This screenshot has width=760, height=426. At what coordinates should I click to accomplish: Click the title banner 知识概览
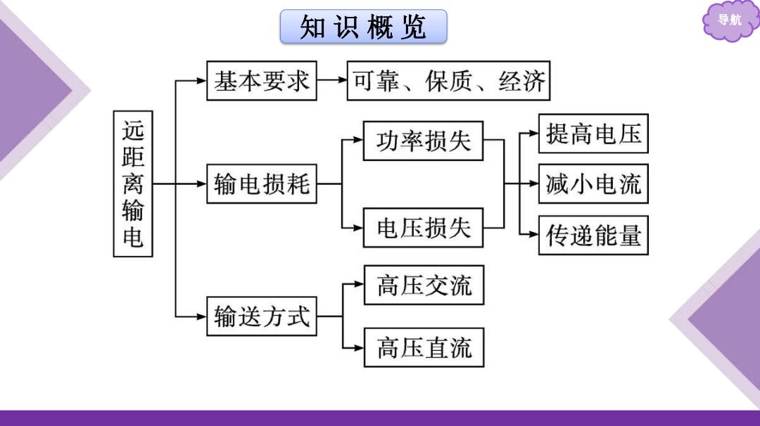pyautogui.click(x=364, y=27)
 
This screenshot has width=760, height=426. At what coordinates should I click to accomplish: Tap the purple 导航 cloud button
pyautogui.click(x=729, y=20)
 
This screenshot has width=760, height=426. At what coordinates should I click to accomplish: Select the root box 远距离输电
pyautogui.click(x=133, y=183)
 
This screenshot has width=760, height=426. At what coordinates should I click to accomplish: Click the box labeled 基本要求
pyautogui.click(x=262, y=81)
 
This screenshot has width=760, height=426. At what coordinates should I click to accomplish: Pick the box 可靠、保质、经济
pyautogui.click(x=449, y=81)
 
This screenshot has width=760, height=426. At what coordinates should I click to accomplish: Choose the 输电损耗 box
pyautogui.click(x=262, y=184)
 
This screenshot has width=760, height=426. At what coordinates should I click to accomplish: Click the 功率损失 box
pyautogui.click(x=423, y=141)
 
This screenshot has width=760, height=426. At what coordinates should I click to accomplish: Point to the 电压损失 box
pyautogui.click(x=423, y=228)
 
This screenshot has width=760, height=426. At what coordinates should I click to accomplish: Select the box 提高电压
pyautogui.click(x=593, y=134)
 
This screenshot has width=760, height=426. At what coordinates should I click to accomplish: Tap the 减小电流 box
pyautogui.click(x=593, y=184)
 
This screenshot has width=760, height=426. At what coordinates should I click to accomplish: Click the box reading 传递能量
pyautogui.click(x=593, y=235)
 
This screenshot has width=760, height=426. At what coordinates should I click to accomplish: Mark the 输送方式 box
pyautogui.click(x=262, y=316)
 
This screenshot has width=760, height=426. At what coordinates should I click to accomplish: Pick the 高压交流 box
pyautogui.click(x=424, y=285)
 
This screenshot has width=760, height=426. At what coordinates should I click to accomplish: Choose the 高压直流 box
pyautogui.click(x=424, y=347)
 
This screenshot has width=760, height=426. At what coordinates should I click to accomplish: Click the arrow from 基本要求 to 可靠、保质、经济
pyautogui.click(x=332, y=80)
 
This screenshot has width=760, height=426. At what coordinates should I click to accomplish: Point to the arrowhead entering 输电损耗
pyautogui.click(x=202, y=184)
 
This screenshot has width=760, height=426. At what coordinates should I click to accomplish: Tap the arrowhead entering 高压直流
pyautogui.click(x=359, y=347)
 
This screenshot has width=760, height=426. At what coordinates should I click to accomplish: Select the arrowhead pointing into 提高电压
pyautogui.click(x=533, y=133)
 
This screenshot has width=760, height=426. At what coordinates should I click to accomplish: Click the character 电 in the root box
pyautogui.click(x=133, y=238)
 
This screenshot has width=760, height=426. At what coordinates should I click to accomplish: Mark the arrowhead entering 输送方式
pyautogui.click(x=202, y=316)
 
